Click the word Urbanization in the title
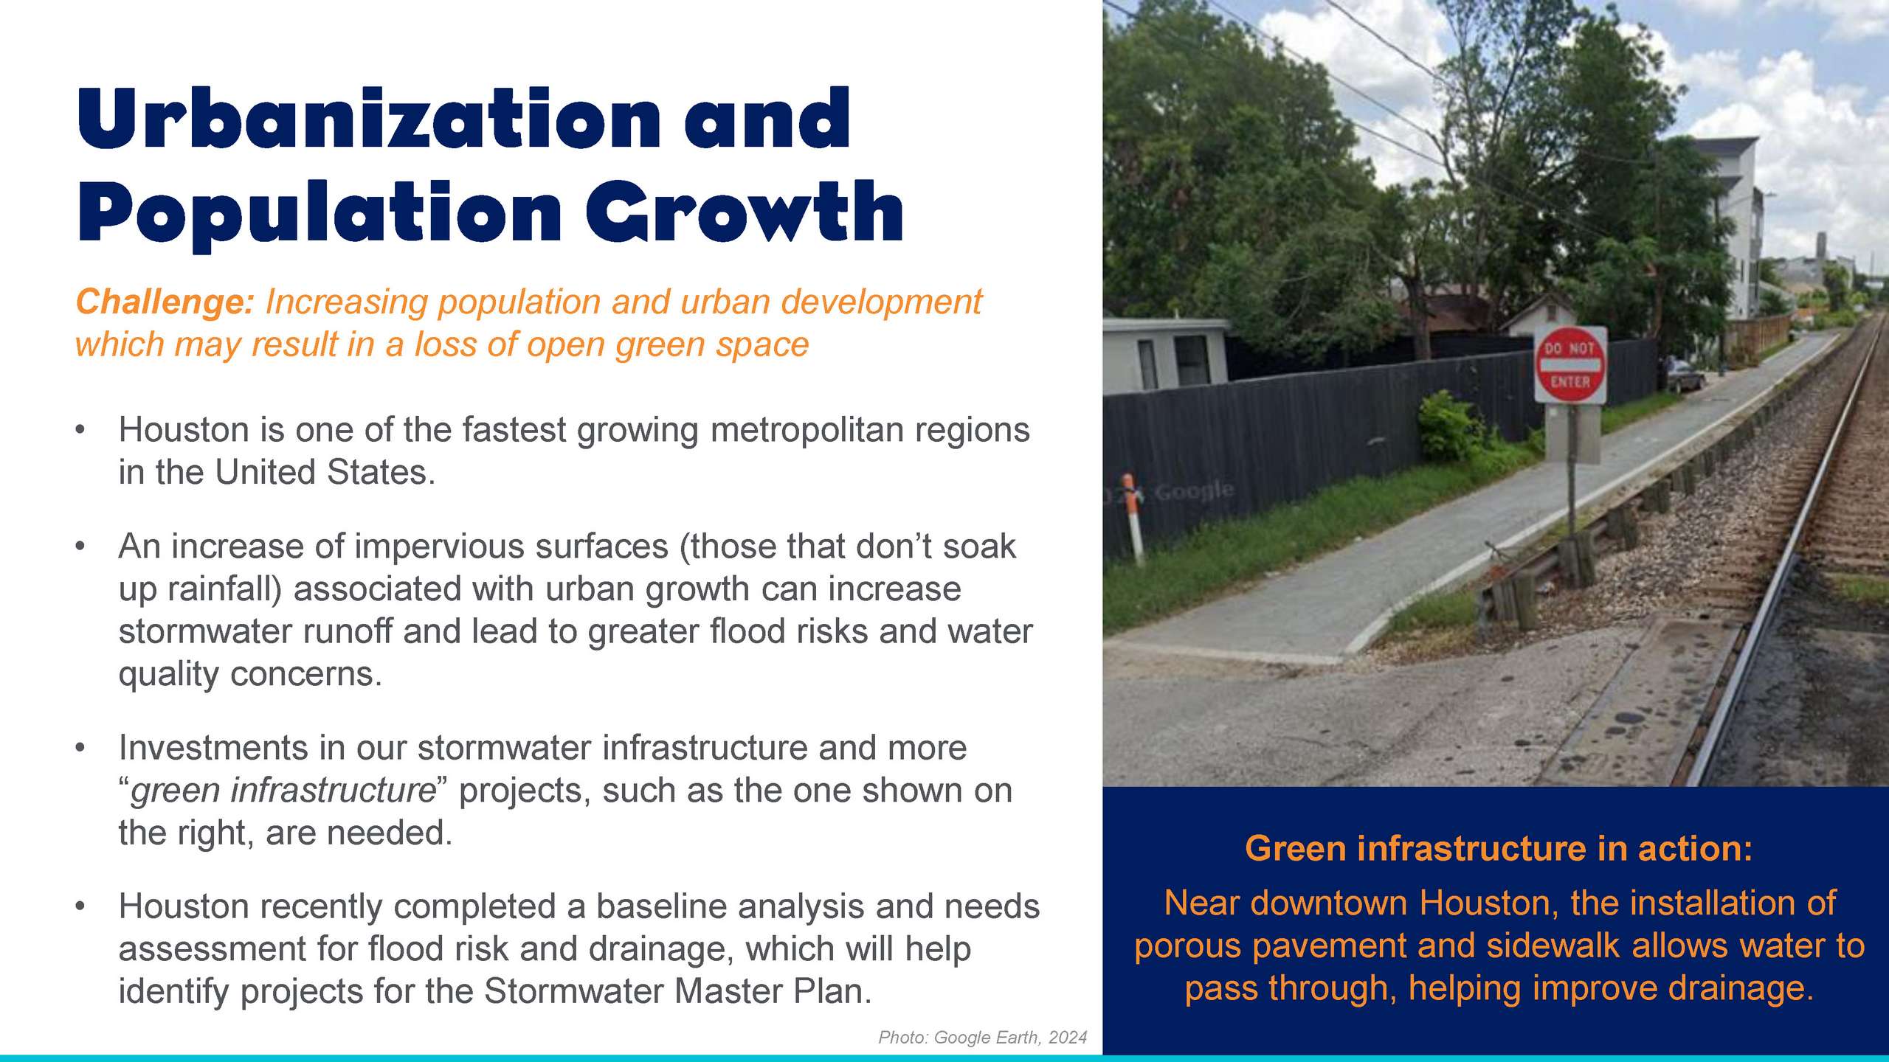369,118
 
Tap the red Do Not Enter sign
1569,365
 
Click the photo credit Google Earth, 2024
1010,1038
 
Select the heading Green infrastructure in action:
1499,849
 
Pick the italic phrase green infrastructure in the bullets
283,791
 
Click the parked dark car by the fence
1684,375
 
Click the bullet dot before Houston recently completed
80,906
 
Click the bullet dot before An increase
80,547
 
